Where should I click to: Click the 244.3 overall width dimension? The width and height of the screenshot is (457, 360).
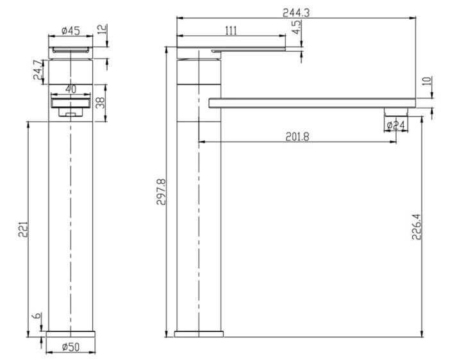tap(296, 13)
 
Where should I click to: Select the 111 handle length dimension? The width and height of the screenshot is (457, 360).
tap(231, 30)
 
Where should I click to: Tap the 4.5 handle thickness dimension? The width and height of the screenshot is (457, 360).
tap(296, 27)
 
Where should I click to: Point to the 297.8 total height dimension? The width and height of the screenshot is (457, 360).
tap(161, 192)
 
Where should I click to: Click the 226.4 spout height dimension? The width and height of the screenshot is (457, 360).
tap(417, 227)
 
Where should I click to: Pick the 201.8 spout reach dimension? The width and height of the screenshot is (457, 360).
tap(297, 136)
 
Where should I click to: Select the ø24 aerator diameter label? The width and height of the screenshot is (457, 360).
tap(396, 126)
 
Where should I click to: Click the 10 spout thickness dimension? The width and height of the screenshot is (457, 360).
tap(427, 81)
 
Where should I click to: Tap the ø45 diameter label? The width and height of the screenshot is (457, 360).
tap(71, 30)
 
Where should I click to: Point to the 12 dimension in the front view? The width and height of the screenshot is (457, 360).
tap(102, 29)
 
